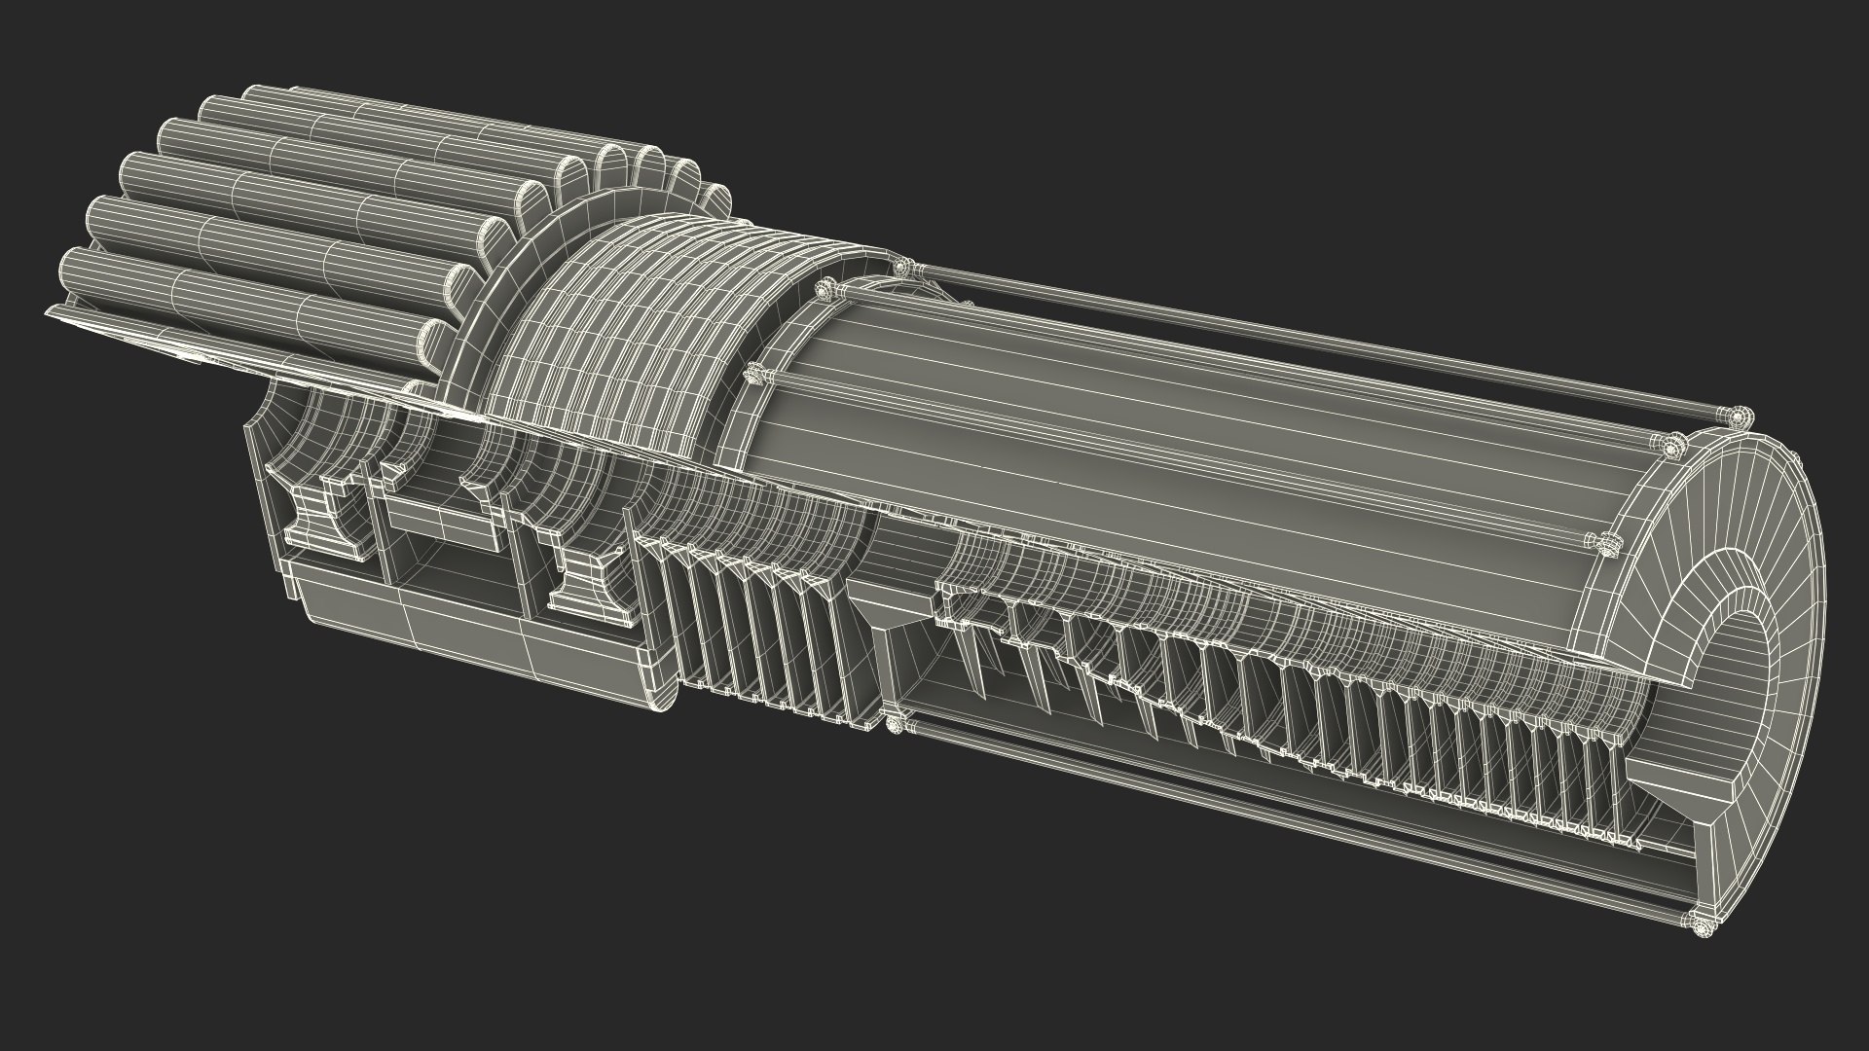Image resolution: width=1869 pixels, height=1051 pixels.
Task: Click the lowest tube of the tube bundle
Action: (x=243, y=292)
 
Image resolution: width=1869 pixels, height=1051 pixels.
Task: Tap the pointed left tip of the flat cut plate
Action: (x=49, y=312)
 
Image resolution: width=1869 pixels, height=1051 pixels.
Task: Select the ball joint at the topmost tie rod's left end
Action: (x=903, y=267)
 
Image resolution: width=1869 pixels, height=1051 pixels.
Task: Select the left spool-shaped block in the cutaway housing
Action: (x=319, y=517)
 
